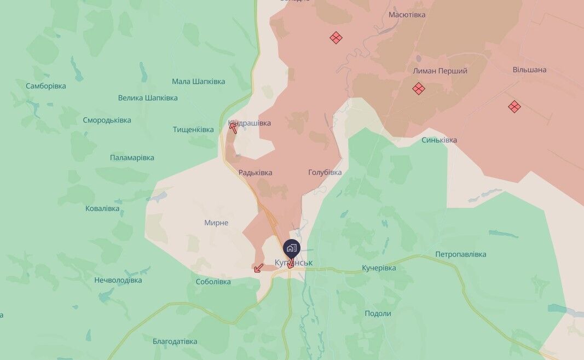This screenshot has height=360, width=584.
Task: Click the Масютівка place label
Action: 407,15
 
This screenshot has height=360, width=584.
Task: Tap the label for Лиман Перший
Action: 440,71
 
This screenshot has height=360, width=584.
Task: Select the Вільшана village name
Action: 529,70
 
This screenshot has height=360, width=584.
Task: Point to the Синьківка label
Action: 439,140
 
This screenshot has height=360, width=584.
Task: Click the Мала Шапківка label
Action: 198,82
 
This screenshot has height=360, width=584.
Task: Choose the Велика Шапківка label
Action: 148,98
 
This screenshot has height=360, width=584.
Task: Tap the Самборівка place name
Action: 45,86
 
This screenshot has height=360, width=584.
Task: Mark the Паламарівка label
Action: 132,158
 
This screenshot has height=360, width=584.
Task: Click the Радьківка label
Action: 255,173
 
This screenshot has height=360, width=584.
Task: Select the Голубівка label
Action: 325,172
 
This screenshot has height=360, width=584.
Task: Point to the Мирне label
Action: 216,223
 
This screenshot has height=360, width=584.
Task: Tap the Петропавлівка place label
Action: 460,254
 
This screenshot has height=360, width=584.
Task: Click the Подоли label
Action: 378,313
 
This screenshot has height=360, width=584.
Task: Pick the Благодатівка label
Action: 175,341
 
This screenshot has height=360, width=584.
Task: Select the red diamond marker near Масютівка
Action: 336,38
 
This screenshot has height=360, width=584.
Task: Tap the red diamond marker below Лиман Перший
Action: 419,89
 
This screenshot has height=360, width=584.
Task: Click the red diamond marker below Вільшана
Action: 514,107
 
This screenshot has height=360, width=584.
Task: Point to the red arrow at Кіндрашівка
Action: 233,127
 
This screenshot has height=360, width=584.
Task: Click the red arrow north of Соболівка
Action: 258,268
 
